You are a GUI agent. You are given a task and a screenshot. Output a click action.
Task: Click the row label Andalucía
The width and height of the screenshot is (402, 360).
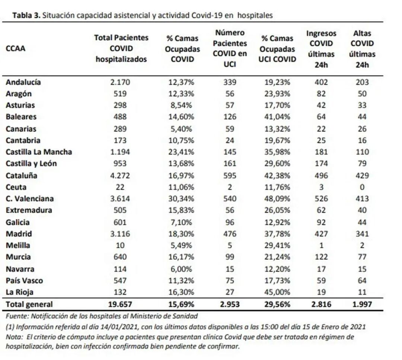23,82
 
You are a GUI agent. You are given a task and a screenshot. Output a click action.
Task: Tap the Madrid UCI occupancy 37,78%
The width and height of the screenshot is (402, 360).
277,234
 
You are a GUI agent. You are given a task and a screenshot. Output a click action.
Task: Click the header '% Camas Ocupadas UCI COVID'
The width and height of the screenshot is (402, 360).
277,49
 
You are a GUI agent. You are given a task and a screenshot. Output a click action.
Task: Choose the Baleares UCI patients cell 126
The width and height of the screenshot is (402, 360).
230,117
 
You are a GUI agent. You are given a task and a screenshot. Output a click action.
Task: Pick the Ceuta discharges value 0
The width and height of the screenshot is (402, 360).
362,187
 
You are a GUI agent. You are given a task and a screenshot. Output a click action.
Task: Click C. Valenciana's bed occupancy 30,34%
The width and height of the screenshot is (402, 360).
181,199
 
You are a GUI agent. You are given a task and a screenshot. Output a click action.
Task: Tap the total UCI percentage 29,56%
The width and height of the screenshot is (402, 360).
277,304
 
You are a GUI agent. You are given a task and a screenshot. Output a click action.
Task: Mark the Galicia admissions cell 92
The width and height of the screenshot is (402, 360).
321,222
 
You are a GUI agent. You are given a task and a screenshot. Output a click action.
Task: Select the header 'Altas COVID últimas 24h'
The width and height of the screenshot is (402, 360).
362,49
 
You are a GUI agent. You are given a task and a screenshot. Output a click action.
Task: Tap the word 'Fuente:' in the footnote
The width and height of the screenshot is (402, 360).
17,316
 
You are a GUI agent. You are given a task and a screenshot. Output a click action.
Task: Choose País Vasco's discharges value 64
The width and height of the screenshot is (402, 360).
362,280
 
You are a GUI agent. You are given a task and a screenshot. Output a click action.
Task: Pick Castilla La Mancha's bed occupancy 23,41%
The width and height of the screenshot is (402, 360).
181,152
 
